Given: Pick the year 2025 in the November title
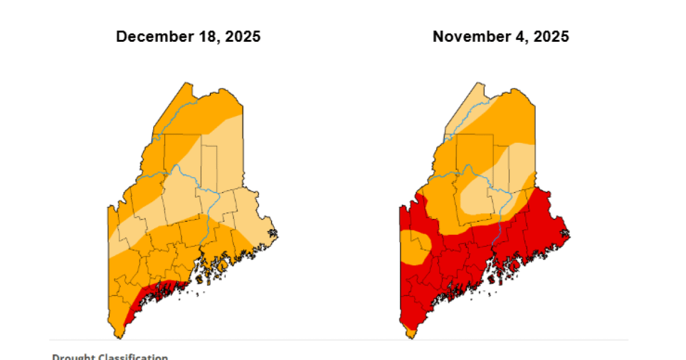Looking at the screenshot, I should [x=549, y=37].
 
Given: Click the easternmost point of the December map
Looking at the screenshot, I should [x=278, y=233].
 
